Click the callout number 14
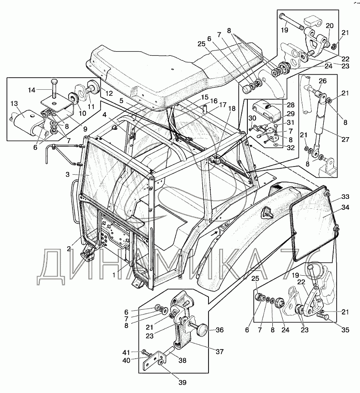coord(32,90)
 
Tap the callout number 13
coord(14,103)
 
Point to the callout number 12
coord(109,94)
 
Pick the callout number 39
coord(183,383)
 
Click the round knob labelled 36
coord(202,330)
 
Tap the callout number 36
coord(220,330)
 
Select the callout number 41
coord(126,352)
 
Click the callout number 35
coord(345,330)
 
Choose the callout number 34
coord(345,208)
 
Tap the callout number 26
coord(322,81)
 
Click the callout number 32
coord(291,148)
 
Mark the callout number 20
coord(330,25)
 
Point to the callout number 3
coord(67,174)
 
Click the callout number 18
coord(232,108)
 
